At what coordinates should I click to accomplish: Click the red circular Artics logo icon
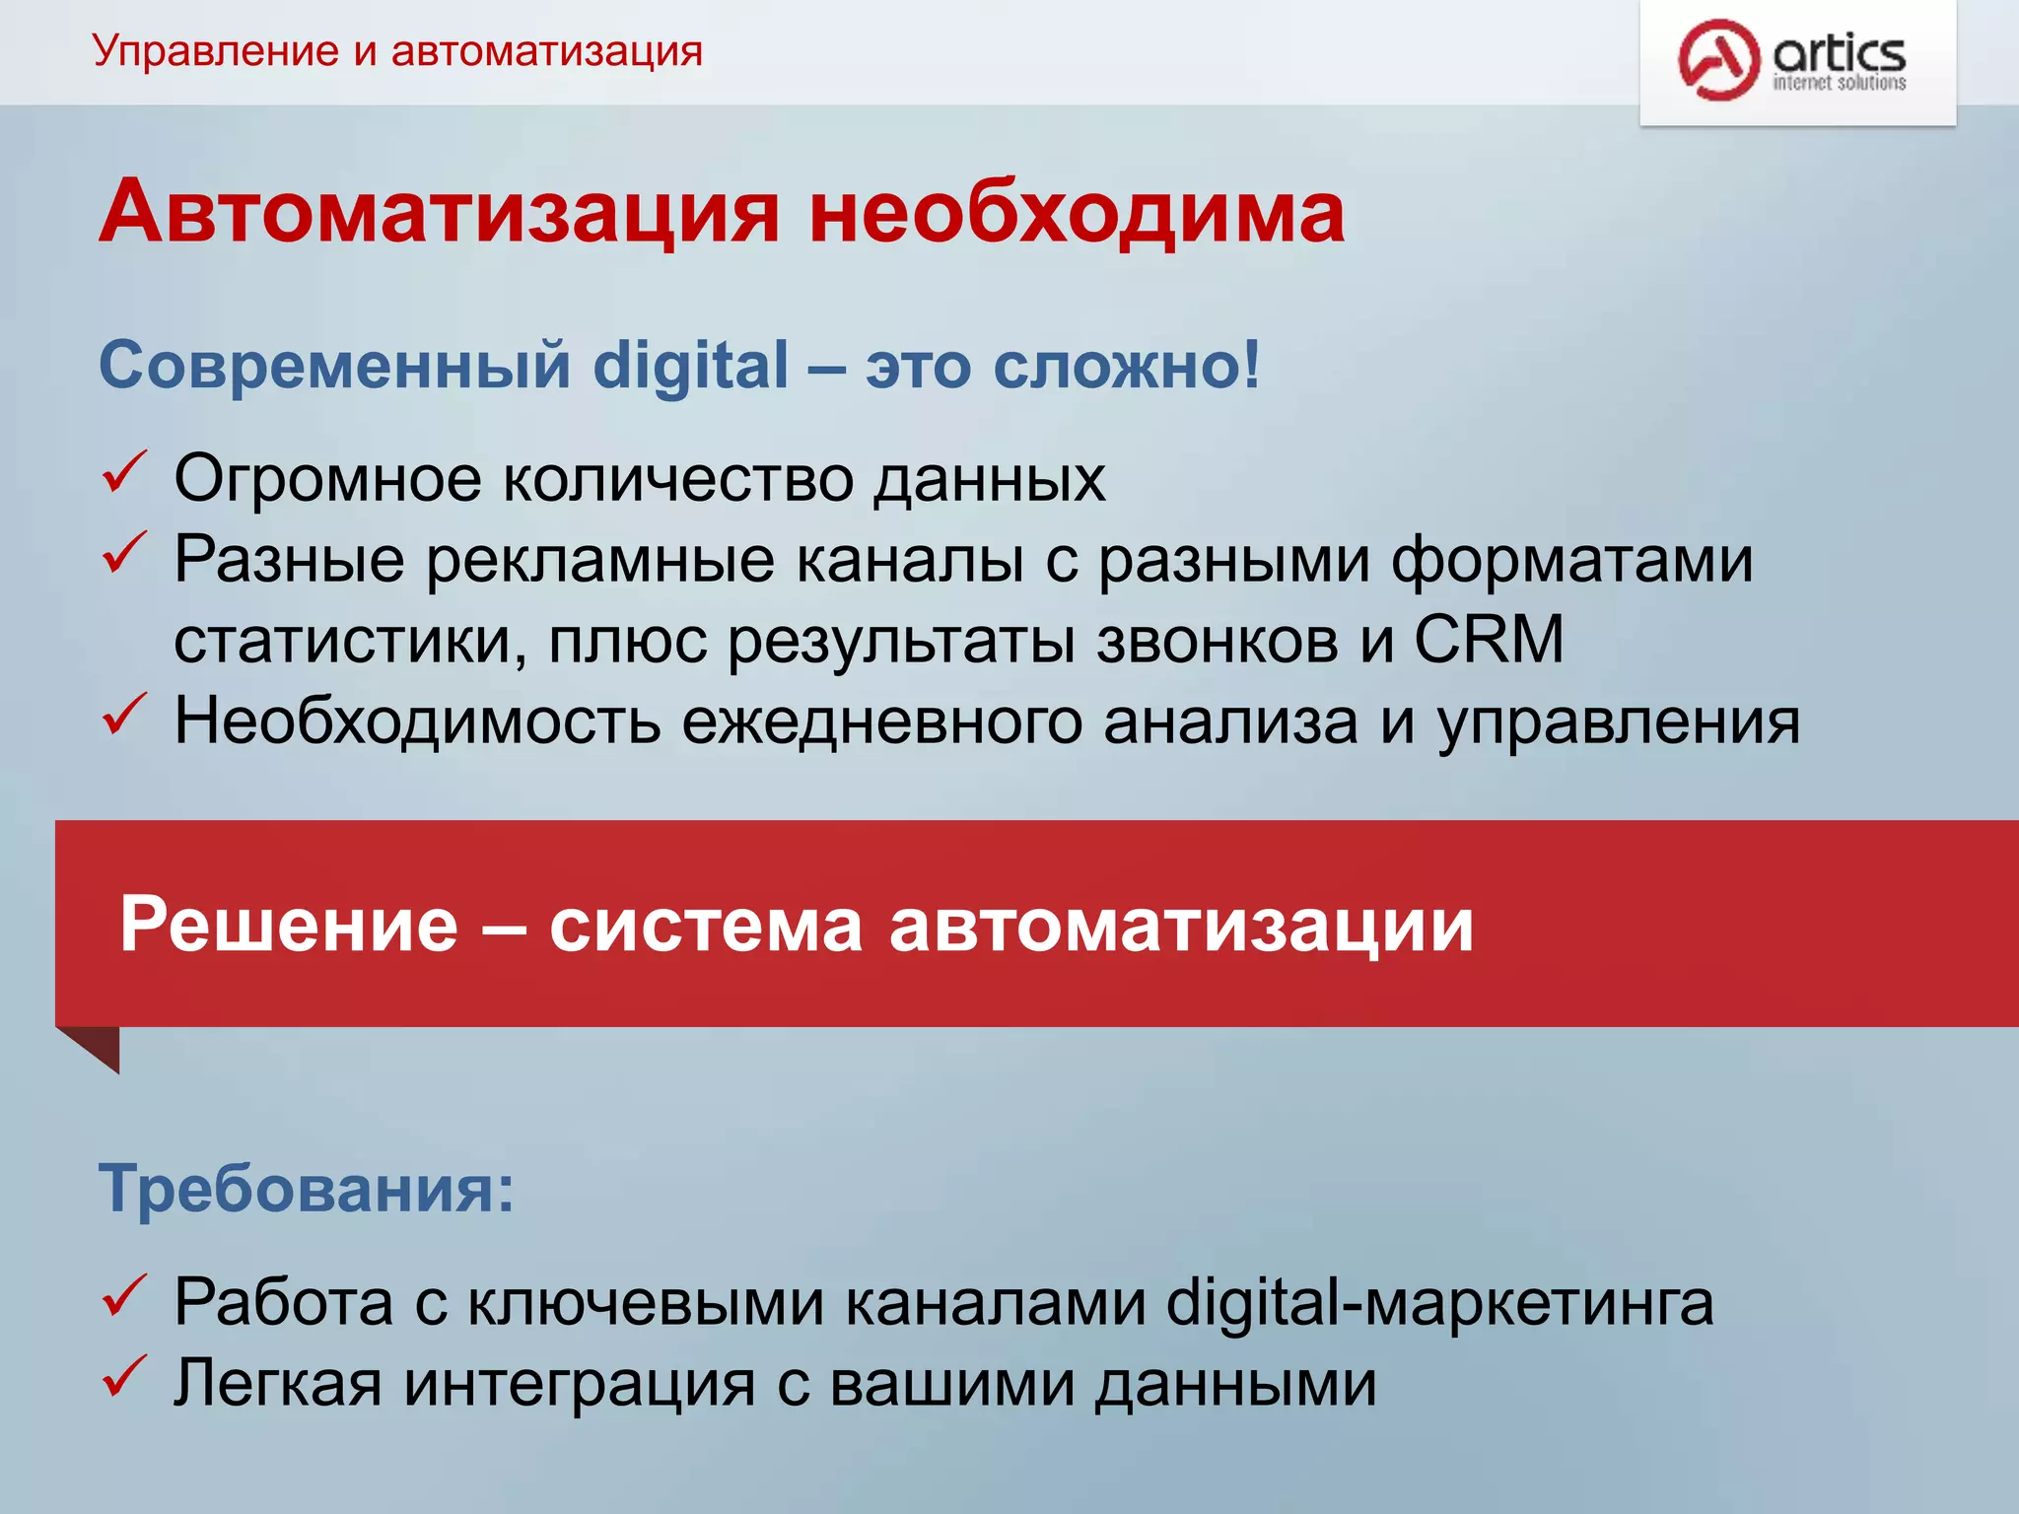pyautogui.click(x=1718, y=60)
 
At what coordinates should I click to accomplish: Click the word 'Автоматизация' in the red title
pyautogui.click(x=440, y=212)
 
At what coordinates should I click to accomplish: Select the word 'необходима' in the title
pyautogui.click(x=1077, y=212)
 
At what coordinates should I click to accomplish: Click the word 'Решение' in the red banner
pyautogui.click(x=289, y=925)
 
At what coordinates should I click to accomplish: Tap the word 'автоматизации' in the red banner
pyautogui.click(x=1181, y=925)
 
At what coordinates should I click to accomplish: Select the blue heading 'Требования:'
pyautogui.click(x=307, y=1189)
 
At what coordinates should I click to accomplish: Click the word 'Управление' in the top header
pyautogui.click(x=216, y=51)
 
